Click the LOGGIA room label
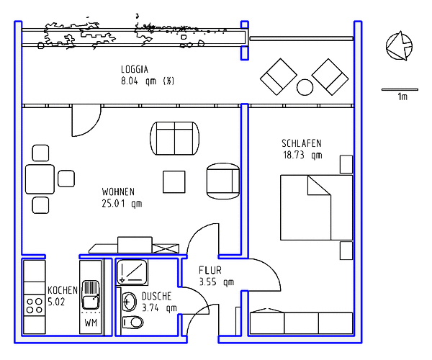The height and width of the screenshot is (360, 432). pyautogui.click(x=135, y=69)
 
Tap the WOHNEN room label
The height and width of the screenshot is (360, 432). pyautogui.click(x=118, y=192)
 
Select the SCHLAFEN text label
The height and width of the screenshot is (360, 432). pyautogui.click(x=302, y=143)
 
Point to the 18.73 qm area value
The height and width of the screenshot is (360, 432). pyautogui.click(x=302, y=155)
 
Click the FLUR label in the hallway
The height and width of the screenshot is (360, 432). pyautogui.click(x=210, y=270)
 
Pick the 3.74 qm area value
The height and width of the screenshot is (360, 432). pyautogui.click(x=159, y=308)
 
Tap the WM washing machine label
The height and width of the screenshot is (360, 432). pyautogui.click(x=91, y=323)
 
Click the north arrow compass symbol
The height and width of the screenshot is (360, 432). pyautogui.click(x=399, y=46)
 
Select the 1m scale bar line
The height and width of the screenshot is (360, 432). pyautogui.click(x=400, y=89)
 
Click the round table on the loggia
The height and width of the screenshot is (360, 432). pyautogui.click(x=305, y=87)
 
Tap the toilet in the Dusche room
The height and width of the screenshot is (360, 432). pyautogui.click(x=132, y=323)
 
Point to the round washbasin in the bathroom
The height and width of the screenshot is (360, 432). pyautogui.click(x=129, y=302)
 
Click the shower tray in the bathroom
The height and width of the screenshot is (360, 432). pyautogui.click(x=132, y=272)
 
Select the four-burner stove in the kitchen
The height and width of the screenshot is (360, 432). pyautogui.click(x=35, y=305)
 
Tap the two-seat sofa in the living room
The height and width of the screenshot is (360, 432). pyautogui.click(x=175, y=138)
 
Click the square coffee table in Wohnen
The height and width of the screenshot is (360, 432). pyautogui.click(x=174, y=181)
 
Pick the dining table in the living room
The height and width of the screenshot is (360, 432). pyautogui.click(x=40, y=179)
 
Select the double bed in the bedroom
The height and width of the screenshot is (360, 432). pyautogui.click(x=317, y=207)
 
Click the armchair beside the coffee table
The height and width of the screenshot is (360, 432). pyautogui.click(x=223, y=181)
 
